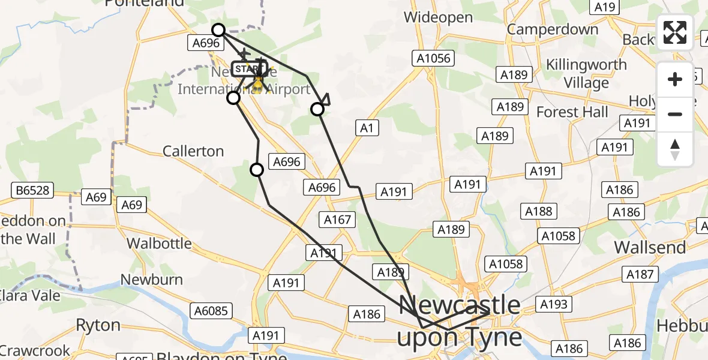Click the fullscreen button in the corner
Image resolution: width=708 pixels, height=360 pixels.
(x=675, y=32)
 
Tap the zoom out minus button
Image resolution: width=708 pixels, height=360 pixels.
(x=675, y=114)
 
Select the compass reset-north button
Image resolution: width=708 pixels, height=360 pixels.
(x=675, y=149)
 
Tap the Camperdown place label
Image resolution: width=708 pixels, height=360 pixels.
(x=553, y=29)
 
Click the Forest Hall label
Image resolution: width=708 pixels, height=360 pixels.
(x=572, y=112)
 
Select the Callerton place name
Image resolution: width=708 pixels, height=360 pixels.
(x=193, y=151)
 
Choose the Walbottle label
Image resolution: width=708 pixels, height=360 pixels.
(x=160, y=243)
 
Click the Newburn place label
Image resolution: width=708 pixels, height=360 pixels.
(x=151, y=279)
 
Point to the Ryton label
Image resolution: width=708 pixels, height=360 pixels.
(x=98, y=325)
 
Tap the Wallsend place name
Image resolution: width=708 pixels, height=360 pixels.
(x=650, y=247)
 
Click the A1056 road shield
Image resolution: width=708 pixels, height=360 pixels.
(x=432, y=58)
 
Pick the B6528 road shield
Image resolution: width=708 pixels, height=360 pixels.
(x=33, y=191)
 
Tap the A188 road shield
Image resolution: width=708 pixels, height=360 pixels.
(x=538, y=211)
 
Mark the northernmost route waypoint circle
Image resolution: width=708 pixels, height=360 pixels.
(x=218, y=29)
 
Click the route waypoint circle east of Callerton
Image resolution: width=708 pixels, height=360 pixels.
(x=257, y=170)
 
